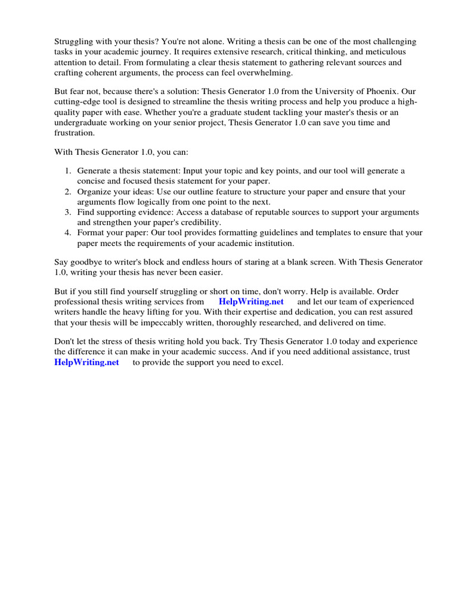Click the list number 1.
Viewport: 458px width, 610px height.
(67, 171)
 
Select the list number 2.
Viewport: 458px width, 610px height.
(67, 192)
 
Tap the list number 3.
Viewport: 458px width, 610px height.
(67, 212)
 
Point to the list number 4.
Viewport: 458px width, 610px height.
(67, 233)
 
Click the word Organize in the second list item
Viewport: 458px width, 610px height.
(94, 192)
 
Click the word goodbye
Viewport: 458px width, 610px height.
(86, 262)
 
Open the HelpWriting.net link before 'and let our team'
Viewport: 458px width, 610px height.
(251, 302)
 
